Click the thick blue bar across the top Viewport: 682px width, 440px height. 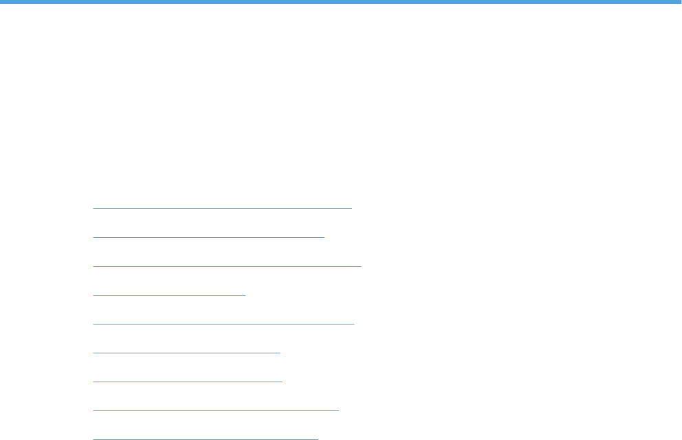341,2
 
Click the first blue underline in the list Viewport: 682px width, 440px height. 222,206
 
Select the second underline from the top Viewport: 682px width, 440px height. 208,235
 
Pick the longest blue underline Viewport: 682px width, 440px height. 227,265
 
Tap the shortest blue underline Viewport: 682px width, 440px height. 169,294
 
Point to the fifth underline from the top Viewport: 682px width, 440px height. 223,322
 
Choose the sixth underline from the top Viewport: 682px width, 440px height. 186,352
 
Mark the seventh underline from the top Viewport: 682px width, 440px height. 188,380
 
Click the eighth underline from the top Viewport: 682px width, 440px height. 216,410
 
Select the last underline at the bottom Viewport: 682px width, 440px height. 206,438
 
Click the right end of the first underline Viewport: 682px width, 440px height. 351,206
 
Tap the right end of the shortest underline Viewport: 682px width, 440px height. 245,294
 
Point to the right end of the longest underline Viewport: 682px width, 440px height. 360,265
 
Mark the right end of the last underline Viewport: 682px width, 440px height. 318,438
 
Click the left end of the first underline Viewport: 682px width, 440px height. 93,206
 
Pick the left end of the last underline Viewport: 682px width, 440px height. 93,438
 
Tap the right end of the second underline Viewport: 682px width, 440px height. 323,235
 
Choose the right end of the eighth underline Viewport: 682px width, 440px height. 338,410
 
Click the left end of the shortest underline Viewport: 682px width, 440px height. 93,294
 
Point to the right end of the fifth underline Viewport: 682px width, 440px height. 353,322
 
